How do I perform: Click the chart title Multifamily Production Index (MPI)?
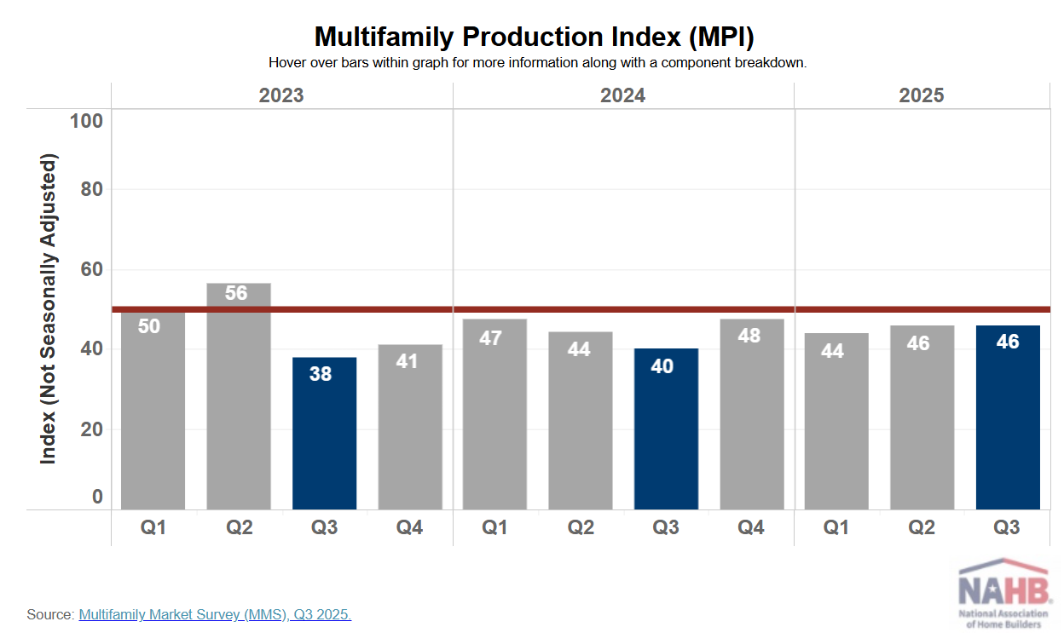535,37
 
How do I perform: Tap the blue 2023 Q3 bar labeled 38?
324,434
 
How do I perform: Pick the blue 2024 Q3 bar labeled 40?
666,430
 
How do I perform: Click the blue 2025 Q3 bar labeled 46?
1008,417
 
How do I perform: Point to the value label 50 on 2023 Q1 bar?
149,325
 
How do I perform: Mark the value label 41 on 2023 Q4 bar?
407,361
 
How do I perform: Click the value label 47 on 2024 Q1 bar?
491,337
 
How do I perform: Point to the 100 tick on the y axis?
85,121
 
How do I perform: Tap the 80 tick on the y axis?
91,189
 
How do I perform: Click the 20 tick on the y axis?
91,429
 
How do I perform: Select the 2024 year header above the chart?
622,95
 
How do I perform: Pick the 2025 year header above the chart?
922,95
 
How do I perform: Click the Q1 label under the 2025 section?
836,528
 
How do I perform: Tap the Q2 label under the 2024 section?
581,528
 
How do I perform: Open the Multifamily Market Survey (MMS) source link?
215,614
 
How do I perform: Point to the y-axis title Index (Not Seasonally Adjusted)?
49,309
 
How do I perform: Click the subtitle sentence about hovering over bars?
537,63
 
